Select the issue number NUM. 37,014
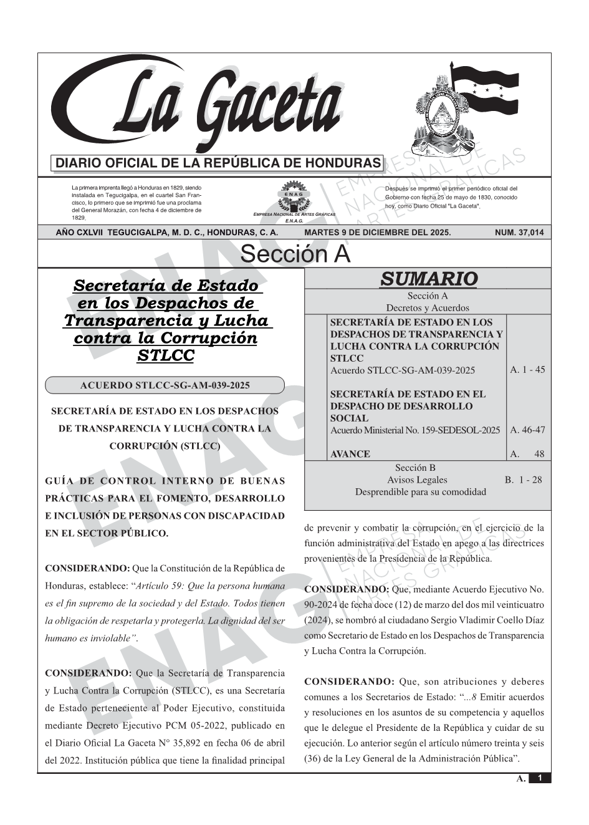tap(519, 233)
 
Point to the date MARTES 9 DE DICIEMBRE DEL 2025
tap(377, 233)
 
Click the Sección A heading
tap(295, 254)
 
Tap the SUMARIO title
tap(428, 279)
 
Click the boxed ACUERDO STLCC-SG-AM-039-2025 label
tap(165, 385)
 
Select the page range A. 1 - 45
tap(527, 370)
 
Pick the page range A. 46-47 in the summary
tap(527, 430)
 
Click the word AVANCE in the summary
tap(350, 454)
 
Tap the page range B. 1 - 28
tap(523, 480)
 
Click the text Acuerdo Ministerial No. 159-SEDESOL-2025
tap(414, 430)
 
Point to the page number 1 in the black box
tap(540, 778)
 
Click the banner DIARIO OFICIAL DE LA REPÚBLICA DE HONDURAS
tap(218, 163)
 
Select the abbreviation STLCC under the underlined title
tap(165, 355)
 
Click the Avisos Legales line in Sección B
tap(417, 480)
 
